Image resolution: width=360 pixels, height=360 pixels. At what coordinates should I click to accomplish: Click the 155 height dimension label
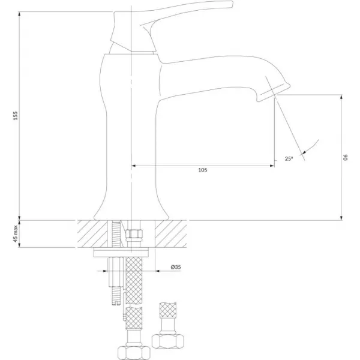pos(15,116)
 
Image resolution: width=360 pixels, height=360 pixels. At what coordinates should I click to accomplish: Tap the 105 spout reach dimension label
pos(203,170)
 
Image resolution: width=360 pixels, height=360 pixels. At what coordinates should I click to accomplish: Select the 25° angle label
pos(289,158)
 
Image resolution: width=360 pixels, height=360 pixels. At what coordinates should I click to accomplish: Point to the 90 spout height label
pos(346,157)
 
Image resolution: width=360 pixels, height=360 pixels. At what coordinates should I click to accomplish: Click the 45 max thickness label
pos(15,234)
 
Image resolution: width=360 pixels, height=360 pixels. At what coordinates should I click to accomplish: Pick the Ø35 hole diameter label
pos(176,267)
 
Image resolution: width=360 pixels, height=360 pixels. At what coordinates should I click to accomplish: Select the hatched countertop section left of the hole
pos(92,234)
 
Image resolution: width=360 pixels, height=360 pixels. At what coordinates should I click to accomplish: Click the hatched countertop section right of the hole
pos(171,234)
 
